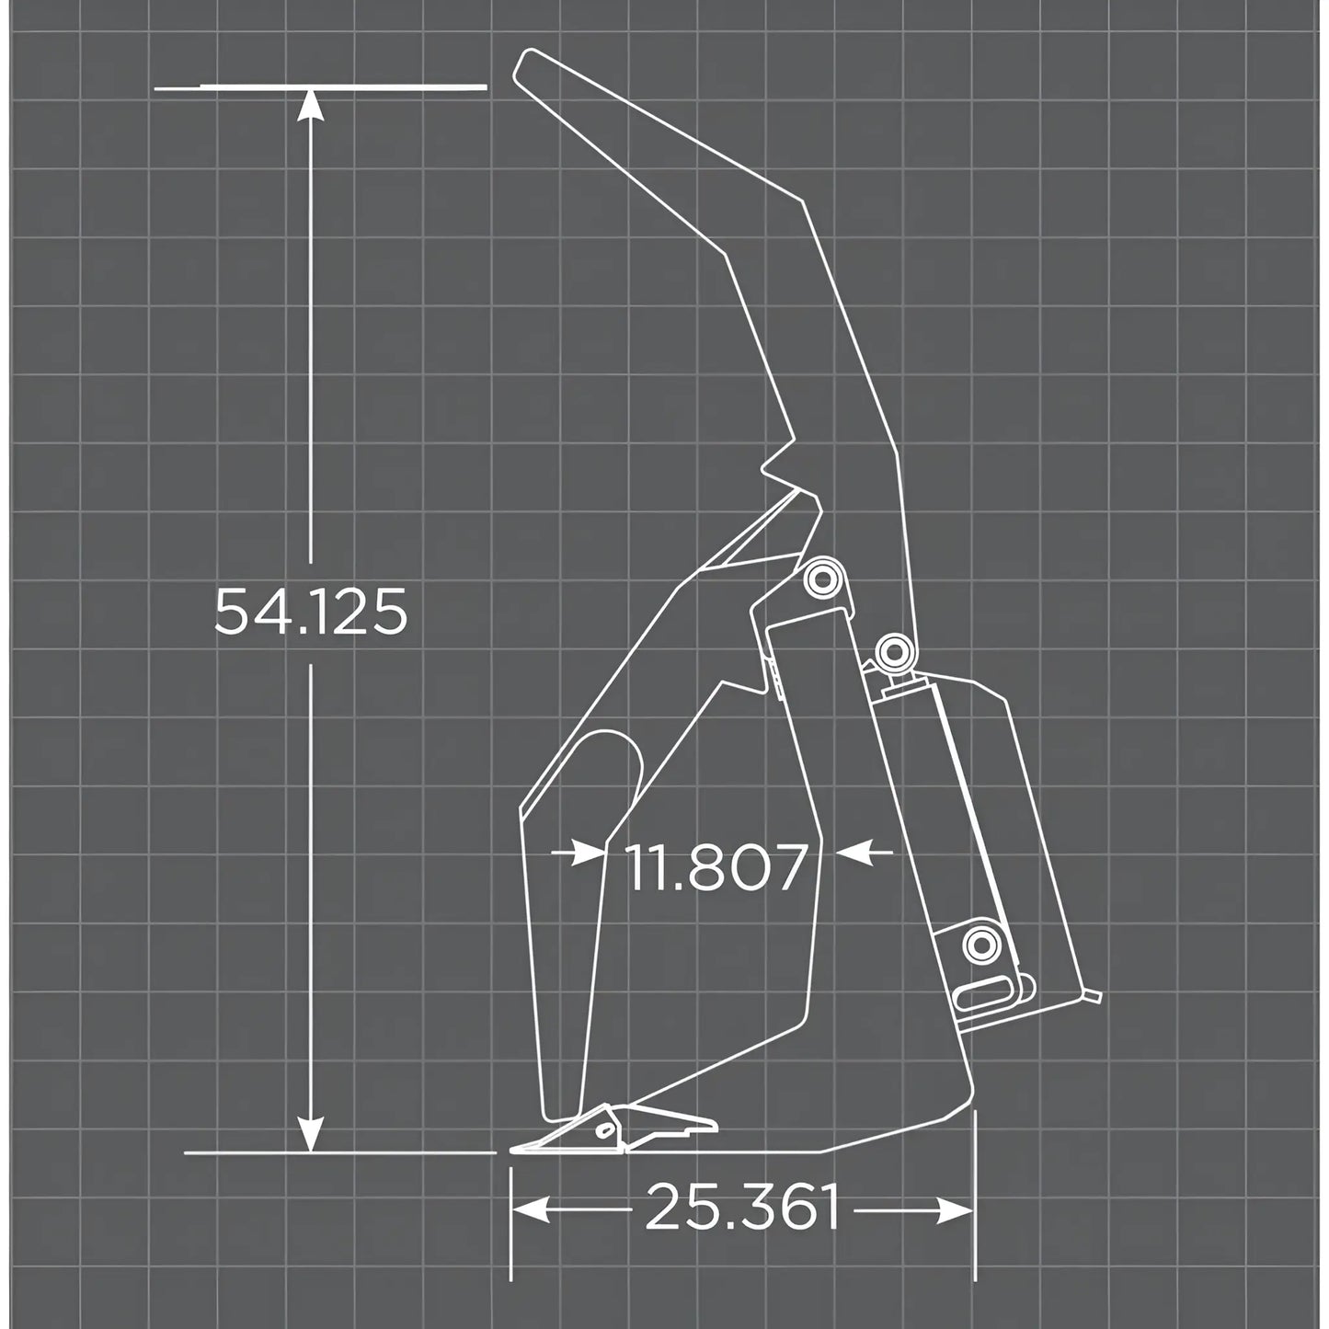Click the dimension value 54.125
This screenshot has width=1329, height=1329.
click(x=311, y=613)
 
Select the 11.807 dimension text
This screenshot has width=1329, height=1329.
click(x=716, y=867)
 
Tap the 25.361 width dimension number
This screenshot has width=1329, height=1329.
click(x=742, y=1208)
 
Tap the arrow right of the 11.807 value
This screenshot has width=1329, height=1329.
click(x=852, y=853)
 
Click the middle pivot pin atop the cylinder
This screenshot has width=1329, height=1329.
click(x=893, y=652)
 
